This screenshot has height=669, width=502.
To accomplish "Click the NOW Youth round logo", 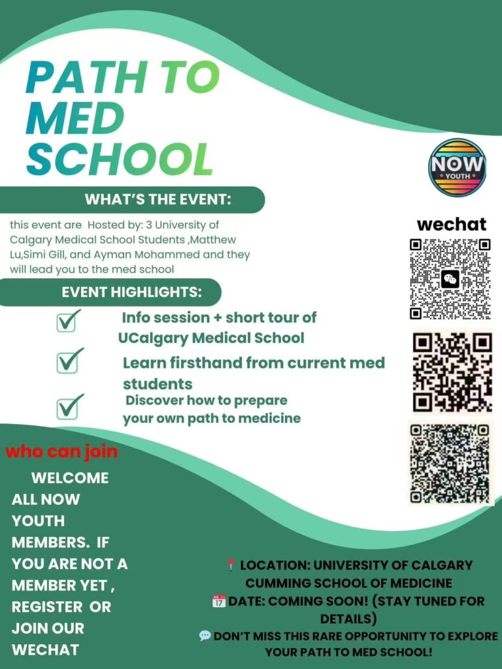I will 458,167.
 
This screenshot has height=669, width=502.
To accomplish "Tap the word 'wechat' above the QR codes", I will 452,224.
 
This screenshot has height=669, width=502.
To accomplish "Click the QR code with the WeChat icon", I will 450,279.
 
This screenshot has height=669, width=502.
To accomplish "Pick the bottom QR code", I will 450,463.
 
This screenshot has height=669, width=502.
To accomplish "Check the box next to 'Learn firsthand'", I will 69,360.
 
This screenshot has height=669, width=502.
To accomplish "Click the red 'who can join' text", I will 62,451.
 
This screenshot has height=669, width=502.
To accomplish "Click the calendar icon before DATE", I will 219,600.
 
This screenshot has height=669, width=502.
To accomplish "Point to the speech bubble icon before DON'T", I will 205,635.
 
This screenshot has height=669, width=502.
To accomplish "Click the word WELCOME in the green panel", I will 70,478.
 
